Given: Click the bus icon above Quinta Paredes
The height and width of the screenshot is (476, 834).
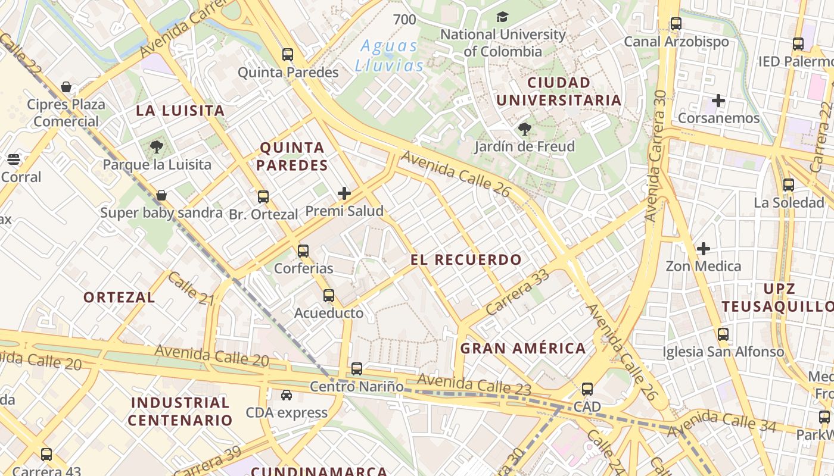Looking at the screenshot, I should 288,55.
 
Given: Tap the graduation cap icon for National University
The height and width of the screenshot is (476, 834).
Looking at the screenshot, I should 503,17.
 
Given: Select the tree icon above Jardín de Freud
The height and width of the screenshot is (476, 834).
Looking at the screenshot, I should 525,129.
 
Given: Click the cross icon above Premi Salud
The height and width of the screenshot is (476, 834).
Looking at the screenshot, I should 344,193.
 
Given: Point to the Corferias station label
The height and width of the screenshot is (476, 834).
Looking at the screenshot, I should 303,268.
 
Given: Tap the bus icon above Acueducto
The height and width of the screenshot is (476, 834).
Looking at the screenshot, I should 328,295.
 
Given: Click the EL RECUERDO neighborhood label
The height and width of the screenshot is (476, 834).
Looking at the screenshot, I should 466,259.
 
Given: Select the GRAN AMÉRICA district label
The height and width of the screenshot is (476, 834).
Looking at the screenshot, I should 523,349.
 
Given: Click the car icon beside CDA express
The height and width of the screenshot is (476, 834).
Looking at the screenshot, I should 287,395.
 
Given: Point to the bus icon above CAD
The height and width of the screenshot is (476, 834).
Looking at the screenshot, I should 587,389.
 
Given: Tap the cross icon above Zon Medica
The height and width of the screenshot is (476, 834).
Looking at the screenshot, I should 704,248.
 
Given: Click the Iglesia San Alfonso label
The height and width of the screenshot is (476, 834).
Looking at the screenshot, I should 723,352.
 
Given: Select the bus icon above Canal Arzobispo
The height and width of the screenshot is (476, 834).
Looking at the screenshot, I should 676,24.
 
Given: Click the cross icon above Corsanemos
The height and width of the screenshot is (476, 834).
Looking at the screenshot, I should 718,101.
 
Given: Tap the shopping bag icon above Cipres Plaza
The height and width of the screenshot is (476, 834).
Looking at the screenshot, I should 66,87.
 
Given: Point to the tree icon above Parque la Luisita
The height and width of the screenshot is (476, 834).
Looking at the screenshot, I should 157,146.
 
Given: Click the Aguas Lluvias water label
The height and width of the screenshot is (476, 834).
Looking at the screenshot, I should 390,55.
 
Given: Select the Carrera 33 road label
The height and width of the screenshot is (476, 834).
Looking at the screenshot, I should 517,292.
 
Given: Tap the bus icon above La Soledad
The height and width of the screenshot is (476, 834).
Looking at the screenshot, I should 789,184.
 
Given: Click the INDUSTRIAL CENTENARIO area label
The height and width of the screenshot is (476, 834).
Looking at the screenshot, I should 180,411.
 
